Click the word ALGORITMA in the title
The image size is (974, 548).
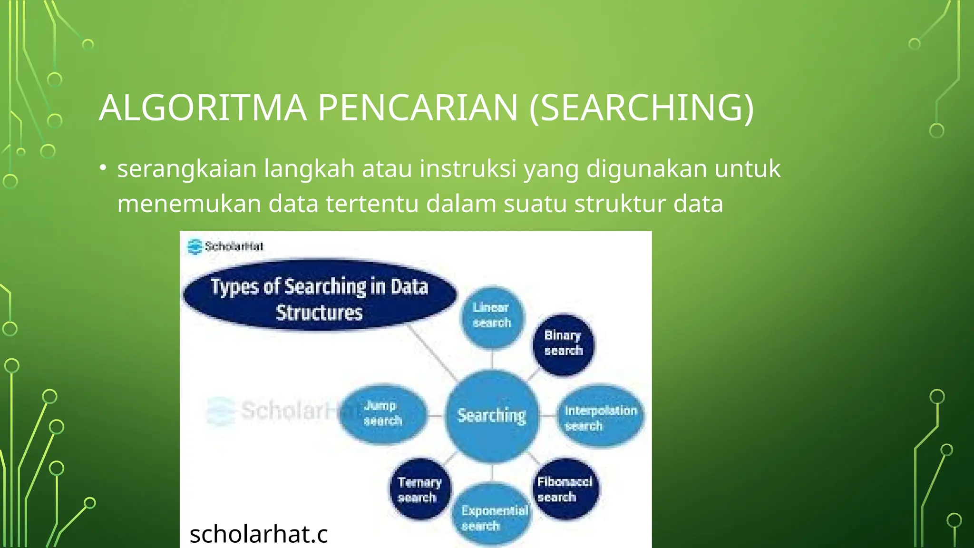pos(202,108)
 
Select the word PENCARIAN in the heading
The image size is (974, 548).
pos(417,108)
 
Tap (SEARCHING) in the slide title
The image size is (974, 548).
pos(641,108)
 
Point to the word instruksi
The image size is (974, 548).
pos(468,169)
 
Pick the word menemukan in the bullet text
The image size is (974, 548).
pos(189,204)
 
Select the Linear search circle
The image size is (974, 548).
pos(492,316)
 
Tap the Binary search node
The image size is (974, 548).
pos(563,343)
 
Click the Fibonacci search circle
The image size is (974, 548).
pos(565,489)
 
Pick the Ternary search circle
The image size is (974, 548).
pos(419,489)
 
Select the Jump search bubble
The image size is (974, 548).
pos(383,413)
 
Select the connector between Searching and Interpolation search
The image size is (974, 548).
pos(548,416)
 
